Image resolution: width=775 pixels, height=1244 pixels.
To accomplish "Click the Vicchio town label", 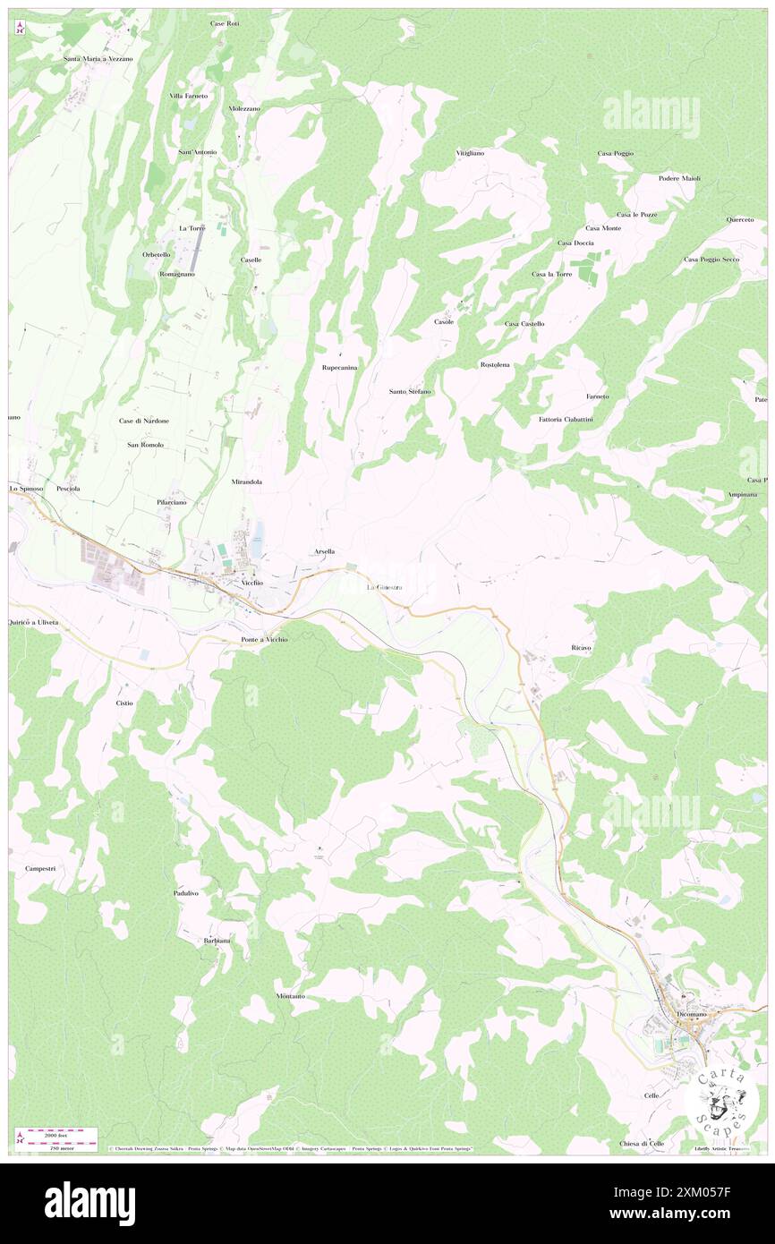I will (x=251, y=583).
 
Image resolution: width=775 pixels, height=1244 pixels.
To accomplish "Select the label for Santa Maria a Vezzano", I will (x=98, y=58).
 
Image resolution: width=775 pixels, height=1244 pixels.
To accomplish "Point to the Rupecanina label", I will (x=339, y=368).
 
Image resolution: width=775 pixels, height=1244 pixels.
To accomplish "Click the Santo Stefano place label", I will (x=410, y=391).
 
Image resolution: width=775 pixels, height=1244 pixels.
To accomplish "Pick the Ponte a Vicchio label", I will (x=264, y=639).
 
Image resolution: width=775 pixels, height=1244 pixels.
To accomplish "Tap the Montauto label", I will (x=291, y=996).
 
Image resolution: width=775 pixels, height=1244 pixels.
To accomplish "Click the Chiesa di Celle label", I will (x=642, y=1144).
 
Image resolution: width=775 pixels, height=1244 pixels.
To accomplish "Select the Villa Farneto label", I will (x=189, y=96).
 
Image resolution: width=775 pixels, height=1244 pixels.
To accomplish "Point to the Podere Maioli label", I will (x=679, y=178).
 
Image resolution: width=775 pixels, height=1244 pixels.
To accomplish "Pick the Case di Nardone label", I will (x=144, y=420).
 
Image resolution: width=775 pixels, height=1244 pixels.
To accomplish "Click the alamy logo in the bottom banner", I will (x=89, y=1203).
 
